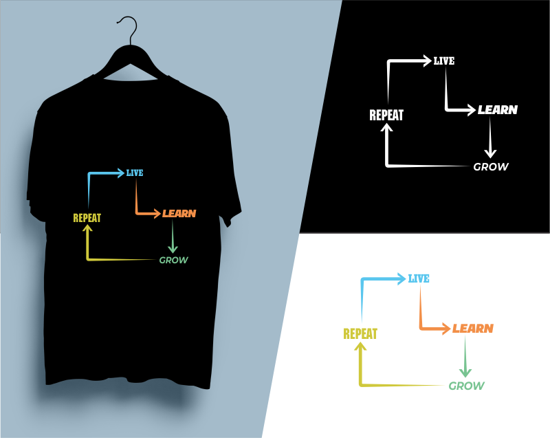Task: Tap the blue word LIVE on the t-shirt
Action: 135,173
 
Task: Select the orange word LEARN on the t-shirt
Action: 179,213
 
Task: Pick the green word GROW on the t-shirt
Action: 174,260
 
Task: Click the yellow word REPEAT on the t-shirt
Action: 87,218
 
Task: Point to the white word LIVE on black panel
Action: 444,61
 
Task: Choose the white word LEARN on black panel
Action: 498,110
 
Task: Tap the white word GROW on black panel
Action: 491,166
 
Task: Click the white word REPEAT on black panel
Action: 386,115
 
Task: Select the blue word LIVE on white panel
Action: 419,278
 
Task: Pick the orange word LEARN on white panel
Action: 473,329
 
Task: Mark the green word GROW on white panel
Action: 467,386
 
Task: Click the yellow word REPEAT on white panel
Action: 360,333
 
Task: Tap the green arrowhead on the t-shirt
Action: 173,249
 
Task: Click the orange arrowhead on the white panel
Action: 446,329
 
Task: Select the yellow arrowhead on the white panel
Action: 360,346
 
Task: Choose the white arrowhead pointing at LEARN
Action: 472,110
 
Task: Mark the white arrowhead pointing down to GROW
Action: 490,153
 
